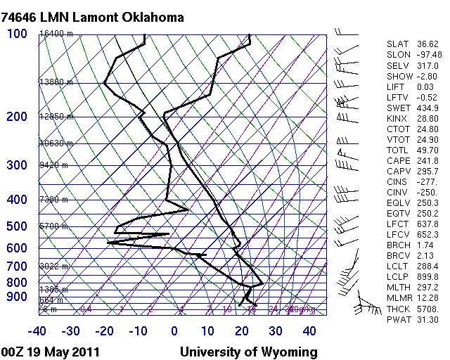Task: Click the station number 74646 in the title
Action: [x=21, y=16]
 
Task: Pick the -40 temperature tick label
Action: [x=37, y=331]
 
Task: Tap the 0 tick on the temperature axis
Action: [x=175, y=331]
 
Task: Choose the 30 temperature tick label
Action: [x=276, y=331]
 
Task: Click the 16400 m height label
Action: [x=56, y=34]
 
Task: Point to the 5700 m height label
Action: [x=53, y=227]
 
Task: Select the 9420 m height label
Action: [x=53, y=166]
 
